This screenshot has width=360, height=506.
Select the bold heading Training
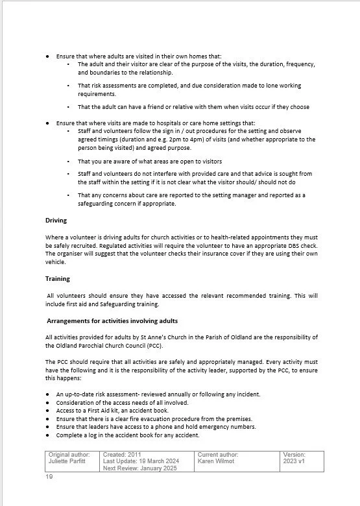pos(57,278)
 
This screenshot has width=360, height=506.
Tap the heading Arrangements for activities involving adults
pos(112,321)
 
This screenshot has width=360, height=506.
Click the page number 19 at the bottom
pos(49,477)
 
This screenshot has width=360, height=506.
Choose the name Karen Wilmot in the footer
pos(217,461)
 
